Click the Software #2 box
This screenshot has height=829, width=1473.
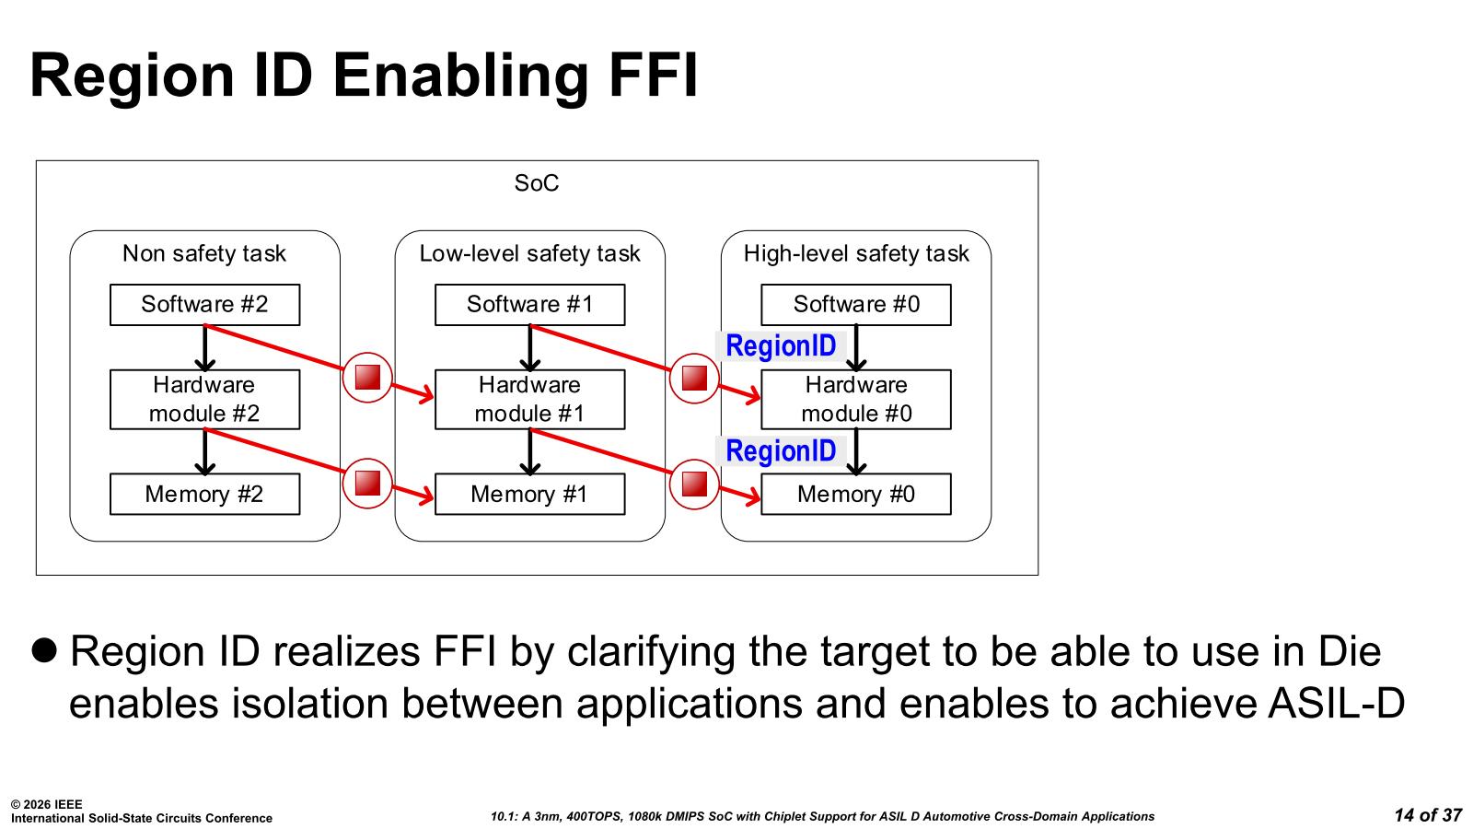(x=204, y=305)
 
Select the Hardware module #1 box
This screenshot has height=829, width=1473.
(x=530, y=400)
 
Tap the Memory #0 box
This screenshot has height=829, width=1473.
(x=856, y=494)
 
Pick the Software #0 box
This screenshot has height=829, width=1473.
(x=856, y=305)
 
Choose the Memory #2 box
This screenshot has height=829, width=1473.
(x=204, y=494)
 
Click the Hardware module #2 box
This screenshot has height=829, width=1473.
(x=204, y=400)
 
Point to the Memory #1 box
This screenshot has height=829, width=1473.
(x=530, y=494)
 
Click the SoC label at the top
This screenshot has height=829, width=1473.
(x=537, y=183)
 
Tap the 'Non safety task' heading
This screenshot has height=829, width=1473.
(x=204, y=253)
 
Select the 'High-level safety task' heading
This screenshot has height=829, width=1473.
(x=856, y=253)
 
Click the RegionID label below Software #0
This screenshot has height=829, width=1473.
(x=781, y=346)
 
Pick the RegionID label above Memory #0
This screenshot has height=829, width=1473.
(x=781, y=451)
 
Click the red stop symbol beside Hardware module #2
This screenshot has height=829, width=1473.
(x=367, y=378)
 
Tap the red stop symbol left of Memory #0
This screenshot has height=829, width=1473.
(x=694, y=485)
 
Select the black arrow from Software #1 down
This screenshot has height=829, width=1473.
(x=530, y=348)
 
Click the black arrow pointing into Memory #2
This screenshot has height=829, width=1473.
(x=205, y=452)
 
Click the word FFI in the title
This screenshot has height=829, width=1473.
(x=653, y=75)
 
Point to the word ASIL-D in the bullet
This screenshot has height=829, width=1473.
(x=1336, y=704)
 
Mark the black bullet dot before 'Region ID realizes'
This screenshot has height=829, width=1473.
(x=44, y=650)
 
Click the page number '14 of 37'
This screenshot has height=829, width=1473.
(x=1428, y=815)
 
